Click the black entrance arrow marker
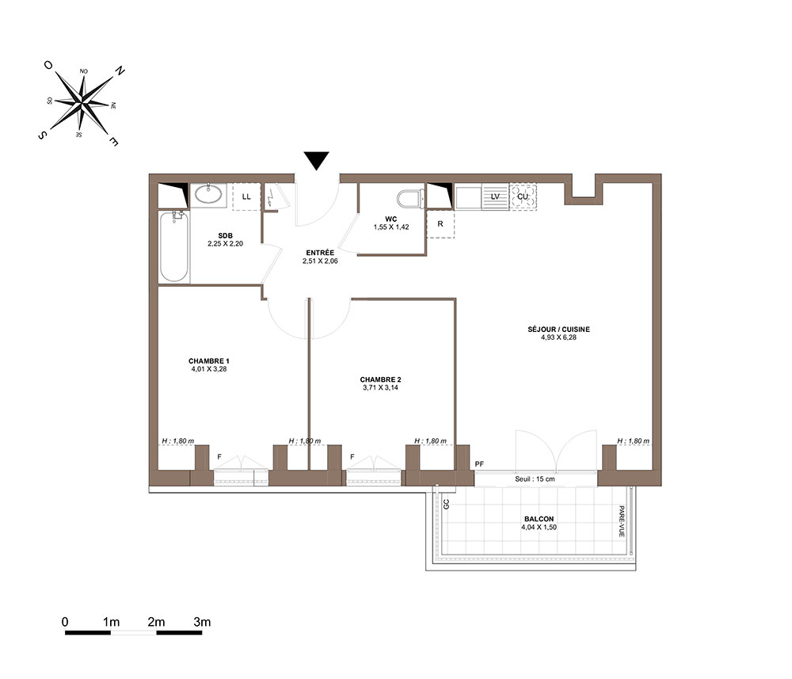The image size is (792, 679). pyautogui.click(x=316, y=160)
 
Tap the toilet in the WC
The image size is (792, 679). pyautogui.click(x=410, y=199)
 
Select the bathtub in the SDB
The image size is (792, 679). pyautogui.click(x=173, y=247)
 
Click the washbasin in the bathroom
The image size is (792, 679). pyautogui.click(x=208, y=194)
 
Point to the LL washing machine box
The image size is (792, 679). pyautogui.click(x=246, y=196)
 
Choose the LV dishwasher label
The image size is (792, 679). pyautogui.click(x=495, y=196)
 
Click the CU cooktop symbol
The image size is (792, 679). pyautogui.click(x=523, y=196)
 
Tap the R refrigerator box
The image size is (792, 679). pyautogui.click(x=440, y=223)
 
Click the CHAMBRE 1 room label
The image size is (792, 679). pyautogui.click(x=209, y=360)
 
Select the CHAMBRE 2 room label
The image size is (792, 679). pyautogui.click(x=380, y=380)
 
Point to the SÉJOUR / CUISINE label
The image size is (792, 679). pyautogui.click(x=558, y=329)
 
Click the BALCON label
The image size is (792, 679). pyautogui.click(x=539, y=519)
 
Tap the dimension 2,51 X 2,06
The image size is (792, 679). pyautogui.click(x=320, y=261)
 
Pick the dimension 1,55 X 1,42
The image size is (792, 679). pyautogui.click(x=391, y=227)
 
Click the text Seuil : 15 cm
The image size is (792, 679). pyautogui.click(x=535, y=479)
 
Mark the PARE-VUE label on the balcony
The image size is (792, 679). pyautogui.click(x=622, y=521)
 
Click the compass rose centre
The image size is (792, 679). pyautogui.click(x=82, y=102)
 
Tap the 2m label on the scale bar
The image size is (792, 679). pyautogui.click(x=157, y=622)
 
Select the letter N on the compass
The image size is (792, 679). pyautogui.click(x=120, y=71)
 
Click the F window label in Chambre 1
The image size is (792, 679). pyautogui.click(x=219, y=456)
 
